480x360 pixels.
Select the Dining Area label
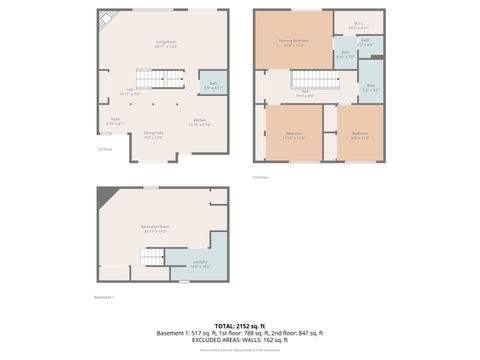(153, 135)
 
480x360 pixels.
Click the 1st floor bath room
(213, 86)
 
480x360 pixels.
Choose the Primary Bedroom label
(295, 43)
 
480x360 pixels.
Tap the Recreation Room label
(155, 229)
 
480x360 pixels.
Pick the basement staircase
(151, 257)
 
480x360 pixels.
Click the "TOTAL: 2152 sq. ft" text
(239, 326)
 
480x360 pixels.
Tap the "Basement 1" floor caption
(104, 296)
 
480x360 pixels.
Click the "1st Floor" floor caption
(104, 149)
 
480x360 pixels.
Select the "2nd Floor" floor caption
(262, 176)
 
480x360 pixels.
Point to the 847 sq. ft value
(311, 333)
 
